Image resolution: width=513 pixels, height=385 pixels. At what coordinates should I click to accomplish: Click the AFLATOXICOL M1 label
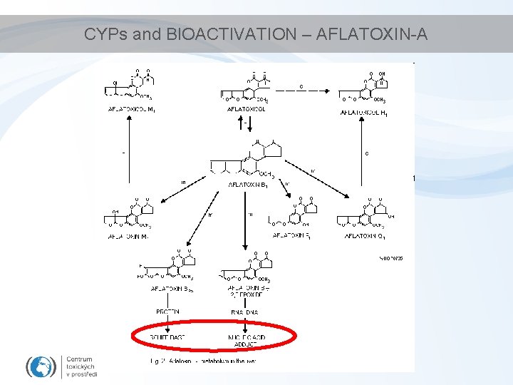point(133,109)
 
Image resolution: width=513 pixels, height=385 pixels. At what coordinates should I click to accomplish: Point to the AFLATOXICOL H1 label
point(363,112)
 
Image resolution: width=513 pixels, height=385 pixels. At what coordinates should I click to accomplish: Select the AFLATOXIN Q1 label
point(367,236)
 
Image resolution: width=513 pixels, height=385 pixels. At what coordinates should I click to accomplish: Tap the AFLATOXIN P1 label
point(291,235)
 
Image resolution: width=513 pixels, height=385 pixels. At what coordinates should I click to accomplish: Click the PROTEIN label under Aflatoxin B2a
point(167,312)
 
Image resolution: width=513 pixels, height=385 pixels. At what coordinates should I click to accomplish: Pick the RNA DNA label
point(244,312)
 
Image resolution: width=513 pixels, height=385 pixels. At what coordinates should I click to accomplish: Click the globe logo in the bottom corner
point(41,366)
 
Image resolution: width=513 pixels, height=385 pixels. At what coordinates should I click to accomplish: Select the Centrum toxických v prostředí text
point(81,366)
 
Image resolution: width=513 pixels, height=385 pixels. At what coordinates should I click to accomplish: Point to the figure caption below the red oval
point(203,361)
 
